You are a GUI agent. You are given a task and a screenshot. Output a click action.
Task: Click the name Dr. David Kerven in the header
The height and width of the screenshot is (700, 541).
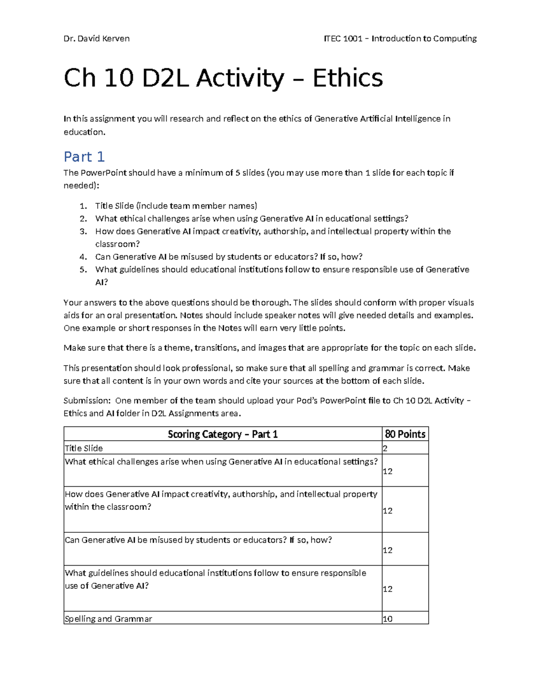coord(96,39)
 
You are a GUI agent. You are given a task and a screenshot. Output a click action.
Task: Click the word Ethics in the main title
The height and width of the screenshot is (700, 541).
coord(348,78)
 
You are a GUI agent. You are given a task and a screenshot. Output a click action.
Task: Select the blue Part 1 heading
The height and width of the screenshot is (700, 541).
coord(84,157)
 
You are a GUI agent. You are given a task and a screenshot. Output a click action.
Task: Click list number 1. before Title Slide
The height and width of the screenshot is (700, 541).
coord(83,206)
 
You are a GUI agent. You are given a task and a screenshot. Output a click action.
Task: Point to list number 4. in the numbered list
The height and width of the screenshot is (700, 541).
coord(83,257)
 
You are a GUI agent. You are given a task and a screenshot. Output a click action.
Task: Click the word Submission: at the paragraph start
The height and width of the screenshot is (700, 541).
coord(87,401)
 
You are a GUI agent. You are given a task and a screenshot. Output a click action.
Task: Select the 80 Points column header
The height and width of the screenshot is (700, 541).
coord(405,434)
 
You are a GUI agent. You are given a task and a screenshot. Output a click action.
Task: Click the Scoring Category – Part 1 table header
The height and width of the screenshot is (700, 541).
coord(223,434)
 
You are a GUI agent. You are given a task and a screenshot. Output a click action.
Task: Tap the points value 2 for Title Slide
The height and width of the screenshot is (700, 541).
coord(385,448)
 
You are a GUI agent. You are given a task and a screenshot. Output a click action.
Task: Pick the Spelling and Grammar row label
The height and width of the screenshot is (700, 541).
coord(108,619)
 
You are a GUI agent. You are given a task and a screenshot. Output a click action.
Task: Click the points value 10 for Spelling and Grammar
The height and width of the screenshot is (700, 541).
coord(388,619)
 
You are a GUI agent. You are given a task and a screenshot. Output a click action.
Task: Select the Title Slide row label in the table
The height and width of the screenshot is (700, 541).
coord(84,448)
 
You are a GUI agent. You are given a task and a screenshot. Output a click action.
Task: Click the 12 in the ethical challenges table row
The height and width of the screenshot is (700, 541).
coord(388,471)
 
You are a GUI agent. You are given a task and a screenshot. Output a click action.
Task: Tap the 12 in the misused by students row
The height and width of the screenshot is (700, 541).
coord(388,550)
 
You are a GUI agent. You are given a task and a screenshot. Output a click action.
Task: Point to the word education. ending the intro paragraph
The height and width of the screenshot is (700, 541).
coord(84,132)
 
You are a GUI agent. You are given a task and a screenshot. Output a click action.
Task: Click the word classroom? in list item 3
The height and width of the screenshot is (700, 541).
coord(118,244)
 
